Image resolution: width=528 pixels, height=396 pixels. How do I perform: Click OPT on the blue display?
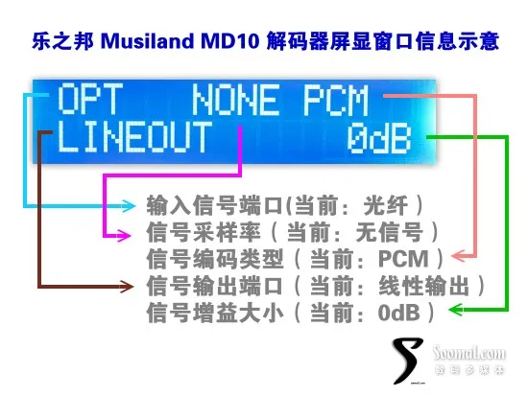tap(89, 99)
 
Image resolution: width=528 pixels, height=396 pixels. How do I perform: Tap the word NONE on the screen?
tap(235, 100)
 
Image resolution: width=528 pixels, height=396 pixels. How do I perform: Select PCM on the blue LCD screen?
tap(336, 101)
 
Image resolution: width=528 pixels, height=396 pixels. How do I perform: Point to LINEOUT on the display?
tap(134, 136)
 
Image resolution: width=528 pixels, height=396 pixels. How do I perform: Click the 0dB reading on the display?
tap(379, 138)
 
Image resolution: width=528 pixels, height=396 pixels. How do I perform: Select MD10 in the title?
tap(229, 41)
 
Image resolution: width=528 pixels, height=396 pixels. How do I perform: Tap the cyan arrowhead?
tap(129, 205)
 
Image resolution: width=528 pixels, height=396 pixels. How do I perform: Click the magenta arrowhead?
tap(124, 235)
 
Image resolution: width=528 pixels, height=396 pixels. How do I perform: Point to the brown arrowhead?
tap(127, 287)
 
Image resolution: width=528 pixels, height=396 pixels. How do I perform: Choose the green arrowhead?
tap(457, 309)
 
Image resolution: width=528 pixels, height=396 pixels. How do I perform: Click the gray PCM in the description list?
tap(403, 259)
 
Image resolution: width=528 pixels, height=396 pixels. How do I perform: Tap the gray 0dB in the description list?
tap(399, 313)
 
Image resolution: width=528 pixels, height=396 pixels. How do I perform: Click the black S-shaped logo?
tap(408, 361)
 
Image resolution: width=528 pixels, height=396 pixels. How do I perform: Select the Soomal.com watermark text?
tap(469, 353)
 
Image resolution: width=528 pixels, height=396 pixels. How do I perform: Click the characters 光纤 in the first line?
tap(386, 205)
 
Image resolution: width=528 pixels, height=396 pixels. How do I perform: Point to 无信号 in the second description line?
tap(389, 232)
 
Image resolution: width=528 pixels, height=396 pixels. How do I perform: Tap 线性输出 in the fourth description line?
tap(424, 286)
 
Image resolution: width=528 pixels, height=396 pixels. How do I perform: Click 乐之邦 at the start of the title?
tap(62, 41)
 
